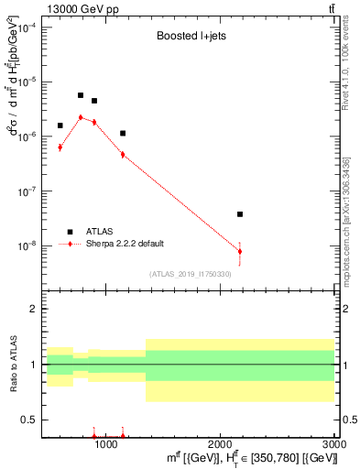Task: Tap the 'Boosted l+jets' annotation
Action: pos(188,38)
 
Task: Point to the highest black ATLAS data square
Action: pos(81,95)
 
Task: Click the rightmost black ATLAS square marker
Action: pos(240,214)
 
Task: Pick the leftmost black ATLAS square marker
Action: pos(60,125)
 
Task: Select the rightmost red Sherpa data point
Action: pos(240,251)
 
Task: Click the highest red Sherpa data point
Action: pos(81,117)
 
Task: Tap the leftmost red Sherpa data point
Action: pos(60,147)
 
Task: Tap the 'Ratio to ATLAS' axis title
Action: pos(12,365)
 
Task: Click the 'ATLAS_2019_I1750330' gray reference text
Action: pos(190,274)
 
